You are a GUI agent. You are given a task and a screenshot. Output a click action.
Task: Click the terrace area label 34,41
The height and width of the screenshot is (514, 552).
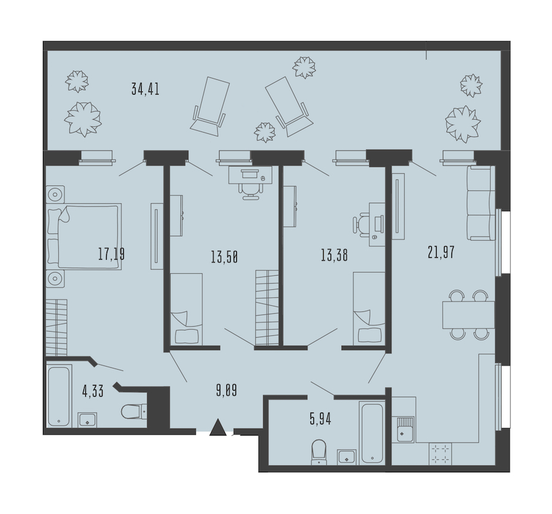click(x=145, y=89)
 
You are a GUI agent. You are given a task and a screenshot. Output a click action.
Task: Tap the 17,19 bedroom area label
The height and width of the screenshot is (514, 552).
click(x=111, y=254)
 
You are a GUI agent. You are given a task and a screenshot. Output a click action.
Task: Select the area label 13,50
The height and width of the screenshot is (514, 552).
click(x=224, y=257)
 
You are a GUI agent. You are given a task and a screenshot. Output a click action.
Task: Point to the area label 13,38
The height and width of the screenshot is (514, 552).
click(x=334, y=255)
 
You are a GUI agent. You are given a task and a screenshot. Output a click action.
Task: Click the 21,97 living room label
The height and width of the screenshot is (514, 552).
click(x=441, y=252)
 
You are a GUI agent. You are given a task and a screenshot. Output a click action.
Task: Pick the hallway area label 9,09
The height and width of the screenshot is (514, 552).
click(x=226, y=391)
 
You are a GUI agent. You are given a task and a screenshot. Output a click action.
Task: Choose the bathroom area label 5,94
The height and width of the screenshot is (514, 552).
click(x=320, y=419)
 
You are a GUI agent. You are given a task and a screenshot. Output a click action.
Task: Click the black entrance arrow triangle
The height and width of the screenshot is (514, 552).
click(x=218, y=427)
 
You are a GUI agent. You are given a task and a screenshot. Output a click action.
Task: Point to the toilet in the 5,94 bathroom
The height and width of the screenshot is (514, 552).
click(x=319, y=452)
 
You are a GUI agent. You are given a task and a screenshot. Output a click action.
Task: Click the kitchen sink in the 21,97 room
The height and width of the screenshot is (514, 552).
click(x=405, y=429)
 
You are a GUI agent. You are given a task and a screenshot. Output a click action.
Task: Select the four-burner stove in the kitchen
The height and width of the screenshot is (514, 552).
click(x=440, y=454)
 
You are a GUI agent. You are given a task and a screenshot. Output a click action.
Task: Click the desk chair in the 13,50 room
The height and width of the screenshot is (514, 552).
click(x=251, y=192)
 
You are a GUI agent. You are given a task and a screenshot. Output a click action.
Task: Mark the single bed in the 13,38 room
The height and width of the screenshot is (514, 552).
click(x=369, y=308)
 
